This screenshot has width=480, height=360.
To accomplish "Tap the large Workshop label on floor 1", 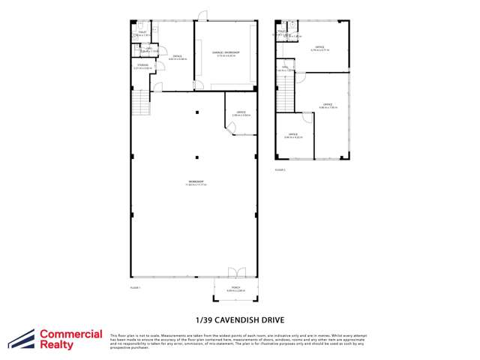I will point(197,181).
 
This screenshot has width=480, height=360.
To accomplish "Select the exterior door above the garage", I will point(202,15).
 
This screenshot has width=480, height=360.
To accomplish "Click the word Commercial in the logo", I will point(70,334).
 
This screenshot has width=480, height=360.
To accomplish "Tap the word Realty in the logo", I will point(56,345).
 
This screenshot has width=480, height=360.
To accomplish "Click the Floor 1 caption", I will point(136,287).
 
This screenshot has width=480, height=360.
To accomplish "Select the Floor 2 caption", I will point(280,170).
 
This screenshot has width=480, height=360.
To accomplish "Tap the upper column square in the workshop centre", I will point(197,112).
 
